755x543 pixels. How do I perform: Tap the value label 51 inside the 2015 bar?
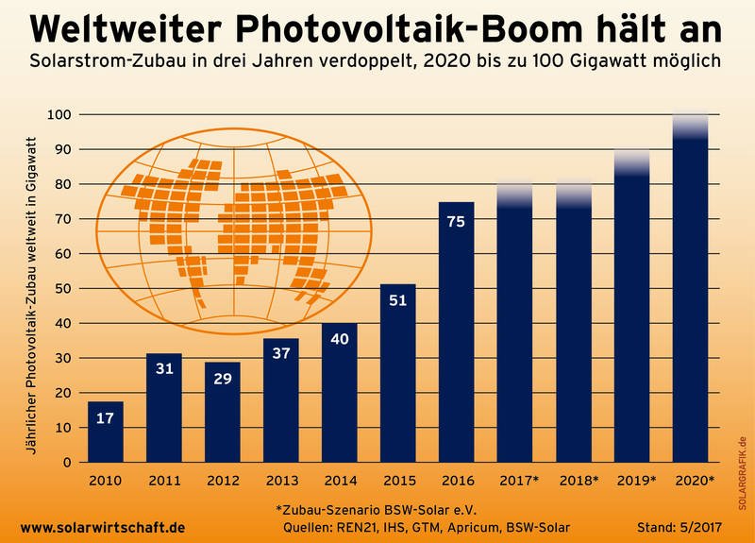397,302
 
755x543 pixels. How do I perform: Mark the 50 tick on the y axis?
64,289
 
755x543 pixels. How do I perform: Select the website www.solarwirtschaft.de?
102,526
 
